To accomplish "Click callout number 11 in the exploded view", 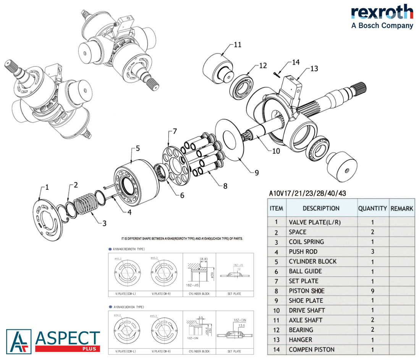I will click(238, 45).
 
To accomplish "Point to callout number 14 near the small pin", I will click(296, 62).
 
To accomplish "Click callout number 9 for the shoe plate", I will click(257, 173).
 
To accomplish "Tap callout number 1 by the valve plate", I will click(47, 187).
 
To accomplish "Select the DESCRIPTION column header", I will click(321, 208).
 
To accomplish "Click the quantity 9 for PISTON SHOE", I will click(372, 291).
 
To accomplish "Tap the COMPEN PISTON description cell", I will click(312, 349).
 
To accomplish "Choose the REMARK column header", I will click(402, 208).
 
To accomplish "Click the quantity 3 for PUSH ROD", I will click(372, 252).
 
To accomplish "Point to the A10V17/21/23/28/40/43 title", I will click(307, 193).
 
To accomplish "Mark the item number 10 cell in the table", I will click(277, 310).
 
